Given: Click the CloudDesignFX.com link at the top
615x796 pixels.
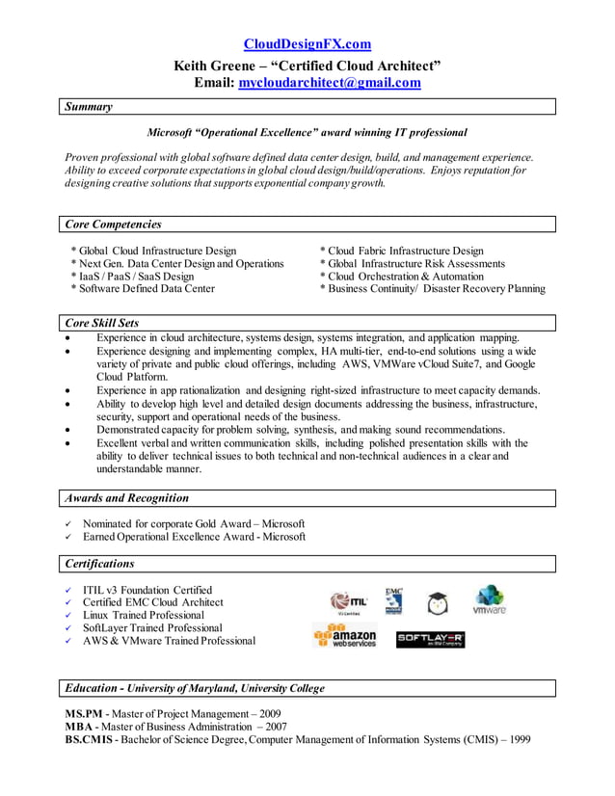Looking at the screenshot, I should click(x=307, y=44).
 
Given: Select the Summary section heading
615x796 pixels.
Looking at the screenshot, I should click(x=89, y=107).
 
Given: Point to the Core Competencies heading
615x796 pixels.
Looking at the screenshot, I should click(x=113, y=225).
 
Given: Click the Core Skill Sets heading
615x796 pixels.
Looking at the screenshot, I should click(x=101, y=323).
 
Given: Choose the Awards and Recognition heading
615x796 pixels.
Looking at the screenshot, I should click(x=126, y=498).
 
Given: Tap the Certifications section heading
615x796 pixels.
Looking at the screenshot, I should click(x=99, y=564).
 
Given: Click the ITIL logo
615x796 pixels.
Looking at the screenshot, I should click(x=348, y=602).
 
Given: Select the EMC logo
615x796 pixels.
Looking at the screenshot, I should click(x=393, y=600).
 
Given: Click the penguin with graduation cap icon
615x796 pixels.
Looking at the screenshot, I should click(x=438, y=603).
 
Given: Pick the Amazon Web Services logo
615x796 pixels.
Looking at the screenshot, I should click(x=345, y=636).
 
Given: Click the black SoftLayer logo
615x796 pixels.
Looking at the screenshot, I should click(x=430, y=639).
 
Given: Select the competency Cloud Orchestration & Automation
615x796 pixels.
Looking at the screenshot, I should click(x=405, y=276).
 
